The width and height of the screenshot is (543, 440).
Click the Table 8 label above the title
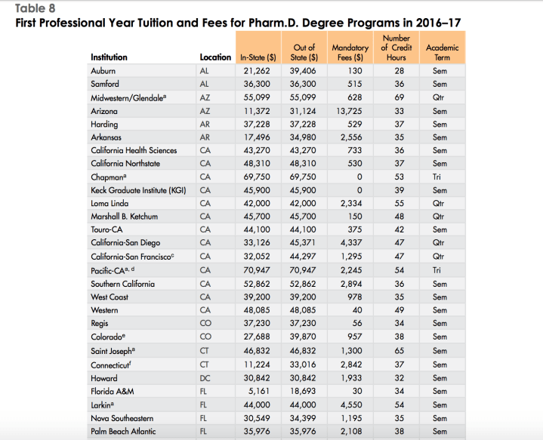pyautogui.click(x=35, y=8)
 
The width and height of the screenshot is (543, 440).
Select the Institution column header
pyautogui.click(x=109, y=57)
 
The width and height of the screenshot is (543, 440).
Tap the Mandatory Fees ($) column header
pyautogui.click(x=350, y=52)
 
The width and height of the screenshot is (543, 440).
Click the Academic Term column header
pyautogui.click(x=442, y=52)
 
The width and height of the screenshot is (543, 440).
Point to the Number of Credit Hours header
pyautogui.click(x=396, y=48)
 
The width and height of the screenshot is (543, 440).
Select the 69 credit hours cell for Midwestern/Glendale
pyautogui.click(x=400, y=97)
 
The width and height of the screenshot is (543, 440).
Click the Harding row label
pyautogui.click(x=104, y=125)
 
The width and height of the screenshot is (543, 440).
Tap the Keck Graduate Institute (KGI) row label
pyautogui.click(x=138, y=190)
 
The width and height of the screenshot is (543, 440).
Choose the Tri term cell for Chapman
pyautogui.click(x=441, y=177)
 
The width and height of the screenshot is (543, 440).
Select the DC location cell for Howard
pyautogui.click(x=204, y=377)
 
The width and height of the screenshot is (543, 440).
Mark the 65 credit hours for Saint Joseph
pyautogui.click(x=400, y=351)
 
